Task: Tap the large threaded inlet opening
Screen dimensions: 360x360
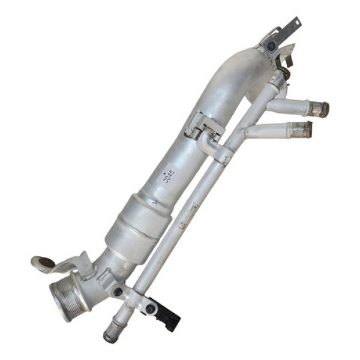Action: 66,298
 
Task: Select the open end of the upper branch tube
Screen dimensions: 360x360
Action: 322,109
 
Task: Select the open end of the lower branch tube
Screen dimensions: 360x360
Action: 305,129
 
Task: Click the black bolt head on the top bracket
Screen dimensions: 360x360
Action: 271,46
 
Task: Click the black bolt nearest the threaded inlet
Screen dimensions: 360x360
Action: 118,292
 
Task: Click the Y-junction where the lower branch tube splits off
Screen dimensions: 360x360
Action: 243,129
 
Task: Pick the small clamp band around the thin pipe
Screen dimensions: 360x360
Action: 223,157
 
